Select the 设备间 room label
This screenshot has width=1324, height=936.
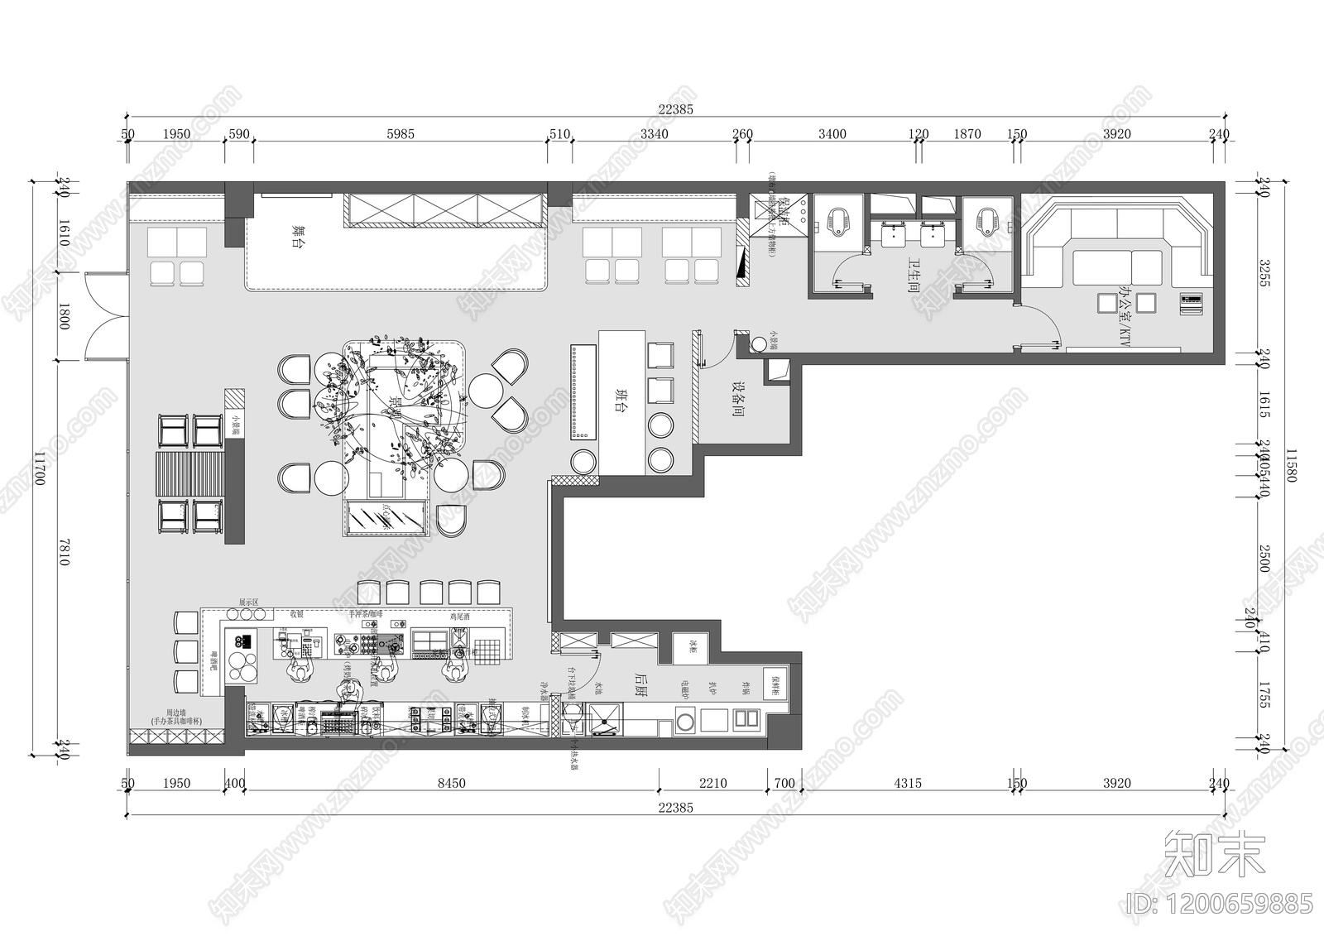pos(737,398)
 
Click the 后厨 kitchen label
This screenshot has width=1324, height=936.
pos(640,683)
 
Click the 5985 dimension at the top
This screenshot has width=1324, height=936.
pos(401,134)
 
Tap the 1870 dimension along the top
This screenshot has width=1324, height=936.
pos(967,134)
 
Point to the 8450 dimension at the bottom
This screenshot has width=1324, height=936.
pos(452,783)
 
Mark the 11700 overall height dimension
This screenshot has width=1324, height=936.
pos(40,469)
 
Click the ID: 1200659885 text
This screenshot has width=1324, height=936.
pos(1220,903)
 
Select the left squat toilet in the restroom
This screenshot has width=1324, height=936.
pos(833,219)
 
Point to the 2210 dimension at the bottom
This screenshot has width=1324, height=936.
pos(712,783)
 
